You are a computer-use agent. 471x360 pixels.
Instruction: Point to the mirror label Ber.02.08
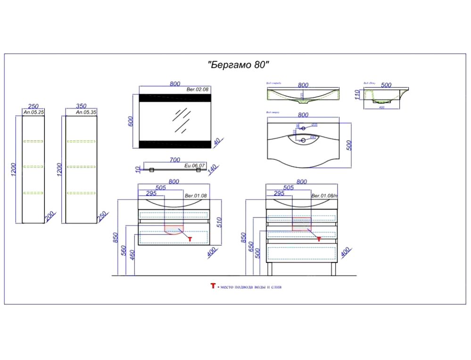(x=198, y=89)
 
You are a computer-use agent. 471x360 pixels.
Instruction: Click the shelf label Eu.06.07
(x=194, y=165)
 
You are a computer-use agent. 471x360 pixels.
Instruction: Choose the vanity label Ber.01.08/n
(x=324, y=195)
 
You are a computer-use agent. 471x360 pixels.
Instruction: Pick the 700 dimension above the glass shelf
(x=174, y=160)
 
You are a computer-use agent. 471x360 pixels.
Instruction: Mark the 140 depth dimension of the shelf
(x=212, y=168)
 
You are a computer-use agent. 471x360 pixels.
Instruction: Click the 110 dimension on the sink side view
(x=358, y=94)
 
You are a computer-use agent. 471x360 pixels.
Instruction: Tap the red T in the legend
(x=213, y=286)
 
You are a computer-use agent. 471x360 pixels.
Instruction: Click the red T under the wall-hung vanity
(x=190, y=239)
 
